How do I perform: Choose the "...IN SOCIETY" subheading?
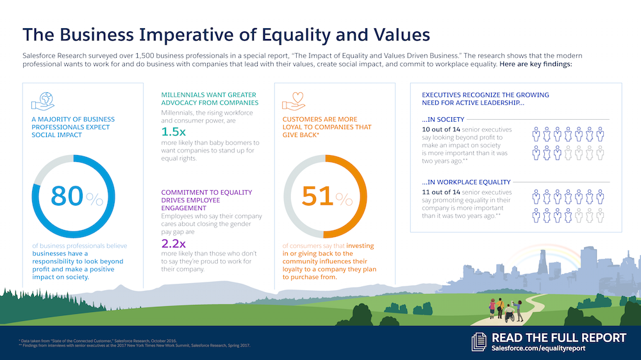pos(443,119)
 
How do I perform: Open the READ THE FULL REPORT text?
pos(558,338)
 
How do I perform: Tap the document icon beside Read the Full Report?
pos(479,341)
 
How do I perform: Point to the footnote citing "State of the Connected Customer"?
pos(99,340)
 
